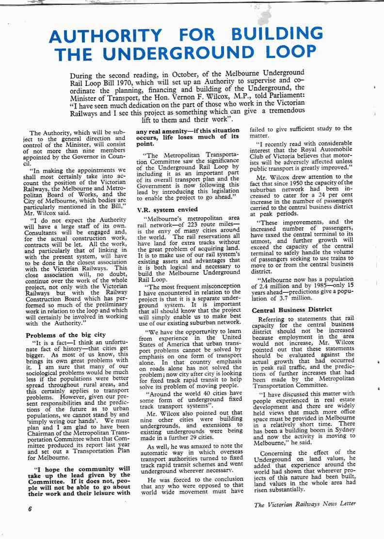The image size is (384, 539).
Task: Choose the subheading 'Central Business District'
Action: tap(291, 309)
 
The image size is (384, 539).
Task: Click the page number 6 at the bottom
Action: tap(30, 509)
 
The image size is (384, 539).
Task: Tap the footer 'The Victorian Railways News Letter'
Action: tap(305, 503)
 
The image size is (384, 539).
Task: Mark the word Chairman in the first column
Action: tap(45, 438)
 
